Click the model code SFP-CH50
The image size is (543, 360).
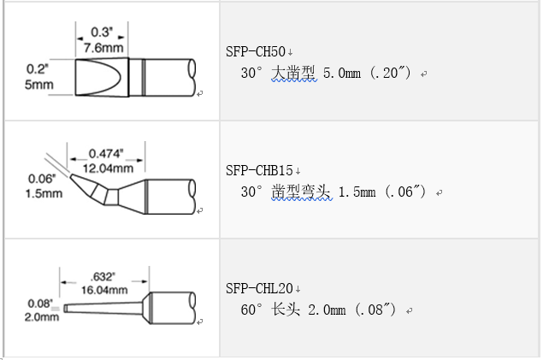pos(255,52)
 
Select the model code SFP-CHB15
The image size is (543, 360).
pos(259,171)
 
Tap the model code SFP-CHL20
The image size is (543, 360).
pos(259,289)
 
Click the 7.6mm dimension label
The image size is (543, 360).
pos(103,48)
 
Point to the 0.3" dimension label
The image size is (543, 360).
pos(102,32)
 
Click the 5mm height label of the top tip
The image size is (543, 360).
pos(38,85)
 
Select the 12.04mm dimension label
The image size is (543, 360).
pos(108,168)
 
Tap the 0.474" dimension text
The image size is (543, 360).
pos(106,153)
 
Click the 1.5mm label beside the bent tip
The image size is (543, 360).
pos(44,193)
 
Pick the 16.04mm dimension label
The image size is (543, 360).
pos(104,290)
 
